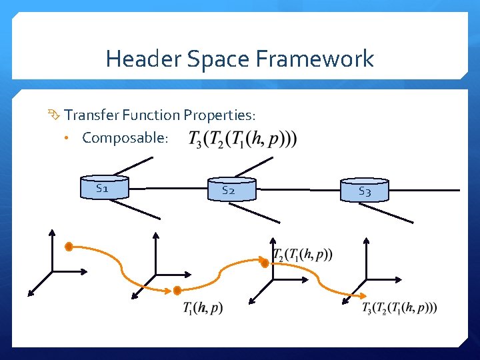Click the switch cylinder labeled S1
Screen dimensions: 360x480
103,188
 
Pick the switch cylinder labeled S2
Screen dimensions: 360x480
231,190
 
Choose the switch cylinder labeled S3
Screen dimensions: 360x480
364,191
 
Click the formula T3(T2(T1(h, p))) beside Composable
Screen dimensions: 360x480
243,139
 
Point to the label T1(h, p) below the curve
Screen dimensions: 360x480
203,307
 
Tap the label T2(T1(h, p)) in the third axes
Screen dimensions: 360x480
303,255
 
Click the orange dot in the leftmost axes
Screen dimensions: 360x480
69,247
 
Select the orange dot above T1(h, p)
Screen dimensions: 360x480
177,291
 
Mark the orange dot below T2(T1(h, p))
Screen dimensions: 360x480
265,264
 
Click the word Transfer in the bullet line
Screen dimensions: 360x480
90,115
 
